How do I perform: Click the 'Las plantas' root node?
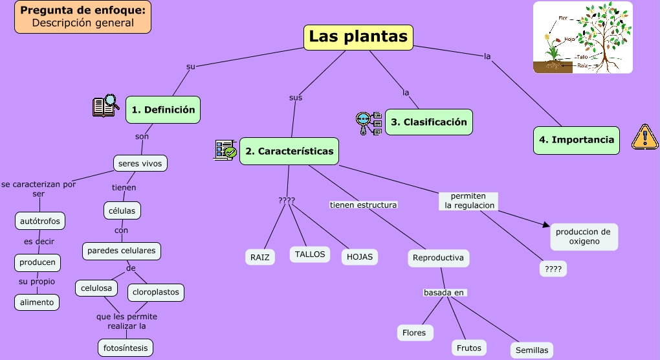point(358,37)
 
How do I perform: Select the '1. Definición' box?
point(163,110)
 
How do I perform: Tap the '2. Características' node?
point(289,151)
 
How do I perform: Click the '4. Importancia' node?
point(576,140)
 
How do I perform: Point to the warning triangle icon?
point(644,137)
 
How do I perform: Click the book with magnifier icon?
point(106,106)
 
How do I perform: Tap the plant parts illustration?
point(582,38)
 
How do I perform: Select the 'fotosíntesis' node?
point(126,348)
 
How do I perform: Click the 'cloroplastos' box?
point(155,292)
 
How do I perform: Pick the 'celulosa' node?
point(96,287)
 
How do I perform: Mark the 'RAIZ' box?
point(259,257)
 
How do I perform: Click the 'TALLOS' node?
point(310,254)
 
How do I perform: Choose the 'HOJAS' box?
point(360,257)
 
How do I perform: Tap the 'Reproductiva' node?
point(438,258)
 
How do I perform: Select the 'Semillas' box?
point(532,350)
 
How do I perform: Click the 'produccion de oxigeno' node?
point(583,236)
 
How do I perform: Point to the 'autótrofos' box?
point(40,221)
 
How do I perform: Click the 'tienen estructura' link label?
point(363,205)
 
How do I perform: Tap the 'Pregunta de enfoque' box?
point(83,17)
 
